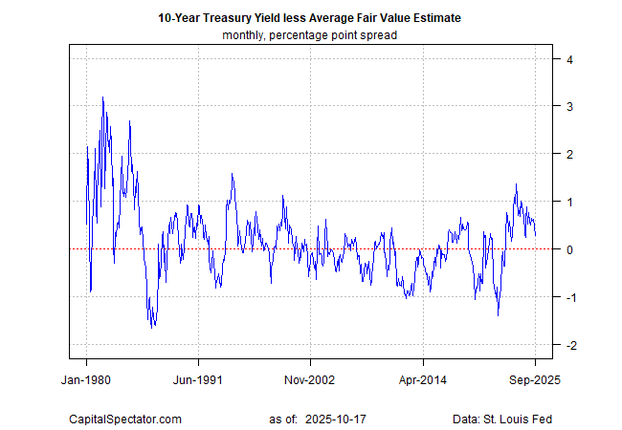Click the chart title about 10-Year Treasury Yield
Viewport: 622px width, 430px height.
(x=311, y=18)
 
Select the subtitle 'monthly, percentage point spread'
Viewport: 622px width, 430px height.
(x=311, y=35)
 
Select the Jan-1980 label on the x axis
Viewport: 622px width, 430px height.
(x=86, y=378)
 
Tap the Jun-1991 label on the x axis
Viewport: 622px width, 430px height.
(x=198, y=378)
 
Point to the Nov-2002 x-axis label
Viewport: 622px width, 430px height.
(x=310, y=378)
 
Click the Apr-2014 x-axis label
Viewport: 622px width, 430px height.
(x=422, y=378)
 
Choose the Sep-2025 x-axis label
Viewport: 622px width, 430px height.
(x=534, y=378)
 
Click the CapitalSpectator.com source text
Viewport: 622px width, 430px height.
(x=125, y=419)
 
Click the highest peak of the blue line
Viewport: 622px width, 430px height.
(x=102, y=97)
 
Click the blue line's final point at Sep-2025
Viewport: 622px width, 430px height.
(x=535, y=234)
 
